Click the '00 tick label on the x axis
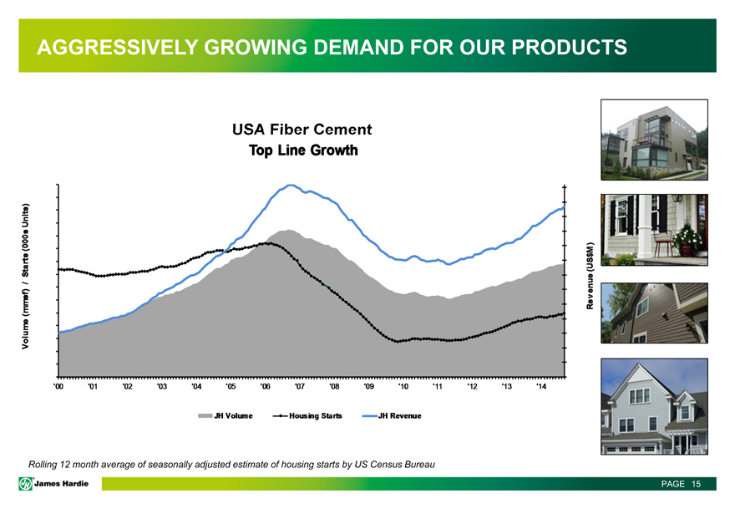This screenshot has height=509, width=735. coord(58,385)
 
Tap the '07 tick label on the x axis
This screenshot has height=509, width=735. coord(300,385)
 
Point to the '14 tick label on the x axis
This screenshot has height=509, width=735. coord(542,385)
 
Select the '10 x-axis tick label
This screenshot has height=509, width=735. coord(403,385)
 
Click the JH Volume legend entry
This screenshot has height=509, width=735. coord(225,415)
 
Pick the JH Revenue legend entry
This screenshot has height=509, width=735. coord(393,415)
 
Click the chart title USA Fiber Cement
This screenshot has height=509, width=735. coord(302,130)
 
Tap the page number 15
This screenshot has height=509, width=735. coord(695,484)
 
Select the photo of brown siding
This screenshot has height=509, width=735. coord(653,311)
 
